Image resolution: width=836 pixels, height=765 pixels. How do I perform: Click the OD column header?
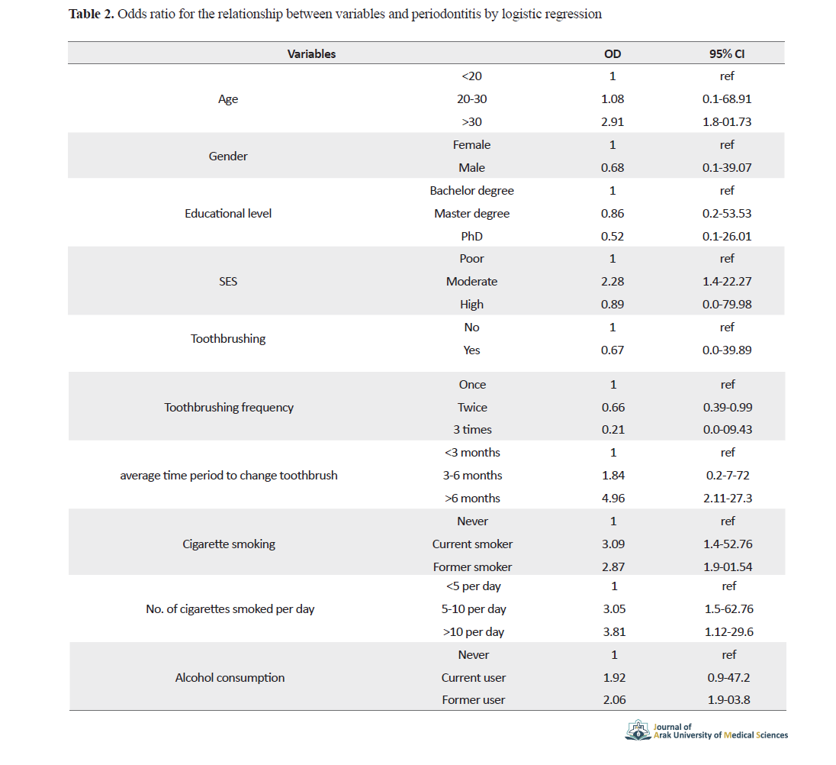612,54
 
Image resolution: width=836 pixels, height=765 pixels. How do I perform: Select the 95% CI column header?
727,54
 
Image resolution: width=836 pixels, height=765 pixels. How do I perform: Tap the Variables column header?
311,54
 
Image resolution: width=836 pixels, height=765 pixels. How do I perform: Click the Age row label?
227,99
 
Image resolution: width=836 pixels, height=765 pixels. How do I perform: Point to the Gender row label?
227,157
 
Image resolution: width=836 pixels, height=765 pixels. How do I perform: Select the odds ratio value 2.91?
612,121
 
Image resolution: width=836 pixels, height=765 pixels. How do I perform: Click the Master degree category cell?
472,213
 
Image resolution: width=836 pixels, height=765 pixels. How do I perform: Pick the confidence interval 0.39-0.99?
728,407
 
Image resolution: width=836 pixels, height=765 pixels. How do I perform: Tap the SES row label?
227,281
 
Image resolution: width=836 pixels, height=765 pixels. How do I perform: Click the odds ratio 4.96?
613,499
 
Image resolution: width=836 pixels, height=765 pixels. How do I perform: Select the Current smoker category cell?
472,544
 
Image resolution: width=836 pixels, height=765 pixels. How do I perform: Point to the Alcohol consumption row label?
230,677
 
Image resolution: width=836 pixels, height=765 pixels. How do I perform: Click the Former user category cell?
474,700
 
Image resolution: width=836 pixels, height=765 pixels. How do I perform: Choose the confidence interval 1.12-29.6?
729,631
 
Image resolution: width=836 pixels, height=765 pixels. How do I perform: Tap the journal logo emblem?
638,730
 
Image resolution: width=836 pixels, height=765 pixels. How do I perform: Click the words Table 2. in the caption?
92,14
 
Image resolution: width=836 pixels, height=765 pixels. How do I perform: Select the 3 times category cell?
472,429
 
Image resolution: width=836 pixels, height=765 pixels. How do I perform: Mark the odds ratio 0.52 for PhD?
612,237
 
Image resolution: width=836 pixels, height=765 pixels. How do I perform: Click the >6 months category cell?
472,499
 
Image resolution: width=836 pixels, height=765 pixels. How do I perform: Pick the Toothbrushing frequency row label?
229,408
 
